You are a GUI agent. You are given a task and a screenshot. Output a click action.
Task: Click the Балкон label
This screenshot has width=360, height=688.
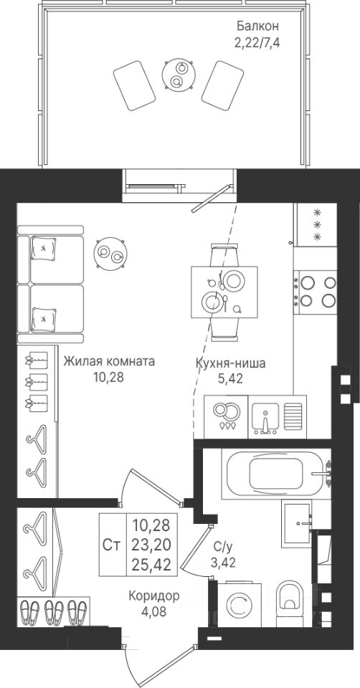pos(257,26)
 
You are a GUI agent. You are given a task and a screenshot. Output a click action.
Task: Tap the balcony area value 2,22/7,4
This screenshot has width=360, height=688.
pos(257,43)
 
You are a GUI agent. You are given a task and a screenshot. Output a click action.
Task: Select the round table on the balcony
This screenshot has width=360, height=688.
pos(179,75)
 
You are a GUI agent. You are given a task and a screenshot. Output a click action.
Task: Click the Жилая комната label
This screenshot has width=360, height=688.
pos(109,361)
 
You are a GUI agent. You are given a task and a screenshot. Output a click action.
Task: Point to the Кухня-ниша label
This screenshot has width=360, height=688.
pos(230,363)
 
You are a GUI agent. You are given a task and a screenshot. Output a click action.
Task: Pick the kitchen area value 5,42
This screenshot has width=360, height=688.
pos(230,378)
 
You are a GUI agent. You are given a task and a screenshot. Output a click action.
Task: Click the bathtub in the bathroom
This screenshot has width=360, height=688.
pos(277,474)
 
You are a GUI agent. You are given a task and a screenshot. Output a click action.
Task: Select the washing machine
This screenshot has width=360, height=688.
pos(240,605)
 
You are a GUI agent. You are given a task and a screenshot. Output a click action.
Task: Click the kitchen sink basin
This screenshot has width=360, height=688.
pos(265,416)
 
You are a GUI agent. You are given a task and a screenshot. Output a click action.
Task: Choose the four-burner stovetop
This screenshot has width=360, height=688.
pos(316,292)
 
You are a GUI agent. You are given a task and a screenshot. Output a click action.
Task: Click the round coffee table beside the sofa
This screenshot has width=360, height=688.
pos(110,253)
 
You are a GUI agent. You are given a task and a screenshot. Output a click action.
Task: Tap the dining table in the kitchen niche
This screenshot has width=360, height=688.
pos(224,292)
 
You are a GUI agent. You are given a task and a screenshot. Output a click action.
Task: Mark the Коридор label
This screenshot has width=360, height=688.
pos(154,596)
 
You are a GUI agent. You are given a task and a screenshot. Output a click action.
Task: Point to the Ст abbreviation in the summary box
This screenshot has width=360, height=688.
pos(112,545)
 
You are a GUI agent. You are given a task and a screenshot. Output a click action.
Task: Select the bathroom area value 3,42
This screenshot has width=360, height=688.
pos(223,563)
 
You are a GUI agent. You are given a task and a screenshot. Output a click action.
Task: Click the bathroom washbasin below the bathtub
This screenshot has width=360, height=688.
pos(297,523)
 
